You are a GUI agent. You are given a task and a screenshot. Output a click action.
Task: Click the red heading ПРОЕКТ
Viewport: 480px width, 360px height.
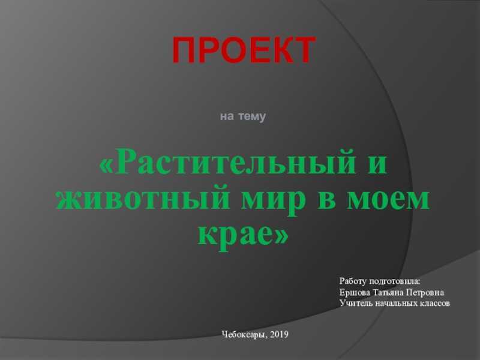(x=244, y=50)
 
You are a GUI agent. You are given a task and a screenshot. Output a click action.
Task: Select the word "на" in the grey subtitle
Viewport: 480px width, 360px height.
(x=227, y=116)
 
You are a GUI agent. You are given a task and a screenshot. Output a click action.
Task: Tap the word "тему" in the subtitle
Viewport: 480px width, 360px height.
(x=252, y=116)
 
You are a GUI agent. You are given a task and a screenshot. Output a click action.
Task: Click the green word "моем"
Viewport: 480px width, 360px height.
(x=388, y=200)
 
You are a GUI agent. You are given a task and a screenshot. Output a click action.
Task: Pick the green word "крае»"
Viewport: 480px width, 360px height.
(x=243, y=236)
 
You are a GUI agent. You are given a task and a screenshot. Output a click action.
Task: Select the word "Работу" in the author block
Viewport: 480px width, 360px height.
(x=352, y=281)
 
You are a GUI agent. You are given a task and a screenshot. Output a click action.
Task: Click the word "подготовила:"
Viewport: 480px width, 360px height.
(x=395, y=282)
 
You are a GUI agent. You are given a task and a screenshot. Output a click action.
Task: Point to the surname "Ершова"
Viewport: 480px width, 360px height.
(x=355, y=293)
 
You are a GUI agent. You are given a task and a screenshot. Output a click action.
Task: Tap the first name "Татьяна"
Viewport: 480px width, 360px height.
(x=388, y=293)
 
